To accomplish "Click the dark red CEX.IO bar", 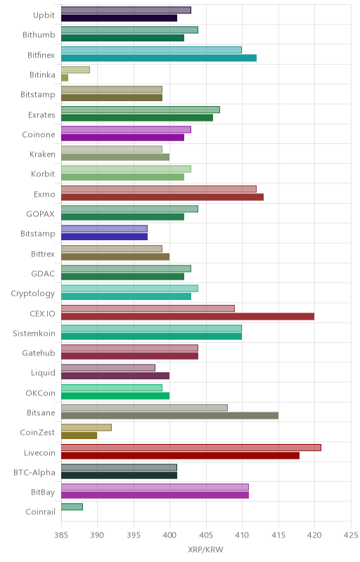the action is point(188,317).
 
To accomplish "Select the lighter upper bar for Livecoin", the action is point(191,447).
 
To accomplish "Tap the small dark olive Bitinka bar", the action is point(65,78).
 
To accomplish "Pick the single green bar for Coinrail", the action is point(72,507).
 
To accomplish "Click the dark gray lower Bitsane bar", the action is point(169,416).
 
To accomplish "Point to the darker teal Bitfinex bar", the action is point(159,58).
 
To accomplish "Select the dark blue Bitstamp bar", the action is point(104,237).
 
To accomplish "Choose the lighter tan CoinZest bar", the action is point(86,428).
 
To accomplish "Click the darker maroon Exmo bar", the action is point(162,197).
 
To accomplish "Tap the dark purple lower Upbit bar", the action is point(119,18).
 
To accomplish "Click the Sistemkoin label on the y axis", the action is point(34,333).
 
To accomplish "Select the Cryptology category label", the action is point(33,294).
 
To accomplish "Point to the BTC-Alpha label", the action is point(34,473).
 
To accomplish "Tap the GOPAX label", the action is point(41,214).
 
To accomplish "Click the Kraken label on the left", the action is point(42,154).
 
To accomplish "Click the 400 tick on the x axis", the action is point(169,535).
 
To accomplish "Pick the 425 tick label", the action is point(351,535).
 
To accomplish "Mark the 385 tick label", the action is point(61,535).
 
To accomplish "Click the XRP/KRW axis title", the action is point(205,550).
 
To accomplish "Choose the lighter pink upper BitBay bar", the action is point(155,487).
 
